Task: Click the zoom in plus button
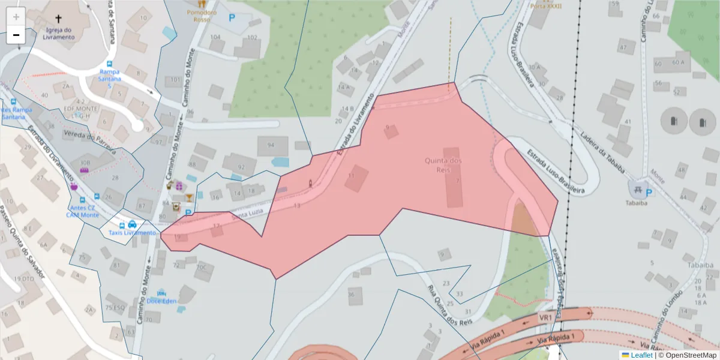pos(16,17)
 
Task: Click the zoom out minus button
pos(16,35)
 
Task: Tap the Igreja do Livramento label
pos(59,33)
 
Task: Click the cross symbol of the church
pos(58,19)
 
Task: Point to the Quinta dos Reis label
pos(443,165)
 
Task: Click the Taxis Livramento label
pos(132,233)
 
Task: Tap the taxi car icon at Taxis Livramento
pos(132,224)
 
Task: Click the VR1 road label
pos(545,317)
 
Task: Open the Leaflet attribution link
pos(641,355)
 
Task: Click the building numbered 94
pos(272,145)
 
